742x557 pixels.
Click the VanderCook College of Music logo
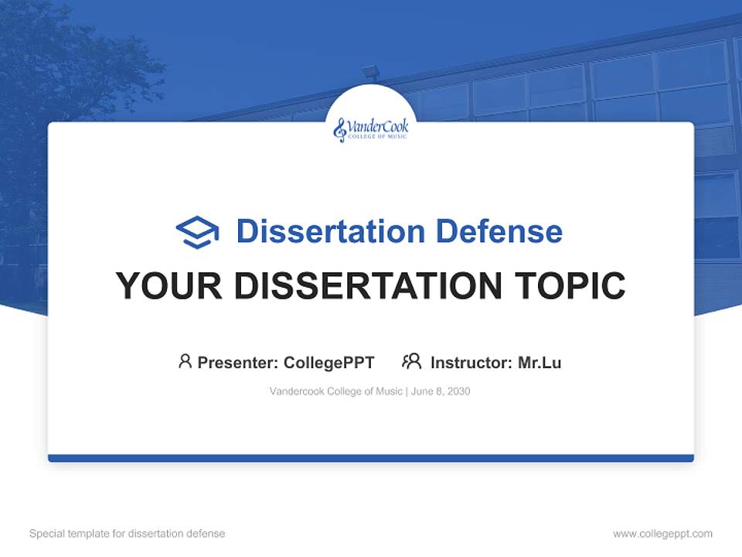(371, 129)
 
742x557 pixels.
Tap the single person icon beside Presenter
(185, 361)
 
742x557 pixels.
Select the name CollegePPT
(328, 362)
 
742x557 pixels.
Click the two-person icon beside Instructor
(412, 361)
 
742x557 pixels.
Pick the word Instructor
(470, 362)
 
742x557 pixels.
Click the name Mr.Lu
(539, 362)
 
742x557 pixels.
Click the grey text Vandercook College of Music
(335, 391)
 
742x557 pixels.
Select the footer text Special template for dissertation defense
(127, 534)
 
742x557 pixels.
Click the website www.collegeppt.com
(662, 534)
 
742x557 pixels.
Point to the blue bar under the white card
(371, 458)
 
